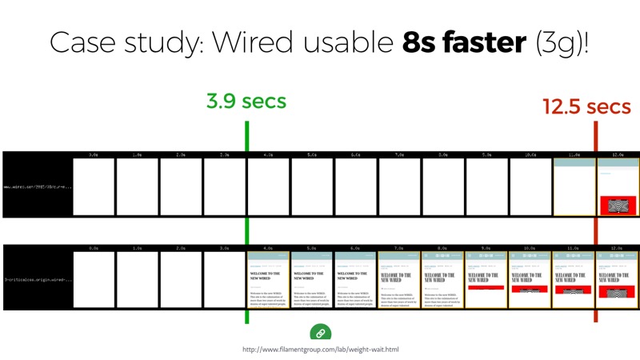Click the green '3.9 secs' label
pyautogui.click(x=246, y=102)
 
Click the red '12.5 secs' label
pyautogui.click(x=586, y=106)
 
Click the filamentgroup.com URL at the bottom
pyautogui.click(x=320, y=350)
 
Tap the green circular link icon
pyautogui.click(x=320, y=333)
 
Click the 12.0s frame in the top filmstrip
pyautogui.click(x=618, y=186)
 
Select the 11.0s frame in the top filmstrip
pyautogui.click(x=574, y=186)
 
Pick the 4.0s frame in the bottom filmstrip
pyautogui.click(x=268, y=279)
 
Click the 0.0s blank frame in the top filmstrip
pyautogui.click(x=94, y=186)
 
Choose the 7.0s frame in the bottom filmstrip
pyautogui.click(x=399, y=279)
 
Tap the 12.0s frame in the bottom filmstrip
pyautogui.click(x=618, y=279)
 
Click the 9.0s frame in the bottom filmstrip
pyautogui.click(x=486, y=279)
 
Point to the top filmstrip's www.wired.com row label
pyautogui.click(x=37, y=187)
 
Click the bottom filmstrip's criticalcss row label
pyautogui.click(x=37, y=280)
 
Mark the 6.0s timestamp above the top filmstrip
pyautogui.click(x=355, y=154)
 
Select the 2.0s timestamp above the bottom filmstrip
pyautogui.click(x=181, y=248)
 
